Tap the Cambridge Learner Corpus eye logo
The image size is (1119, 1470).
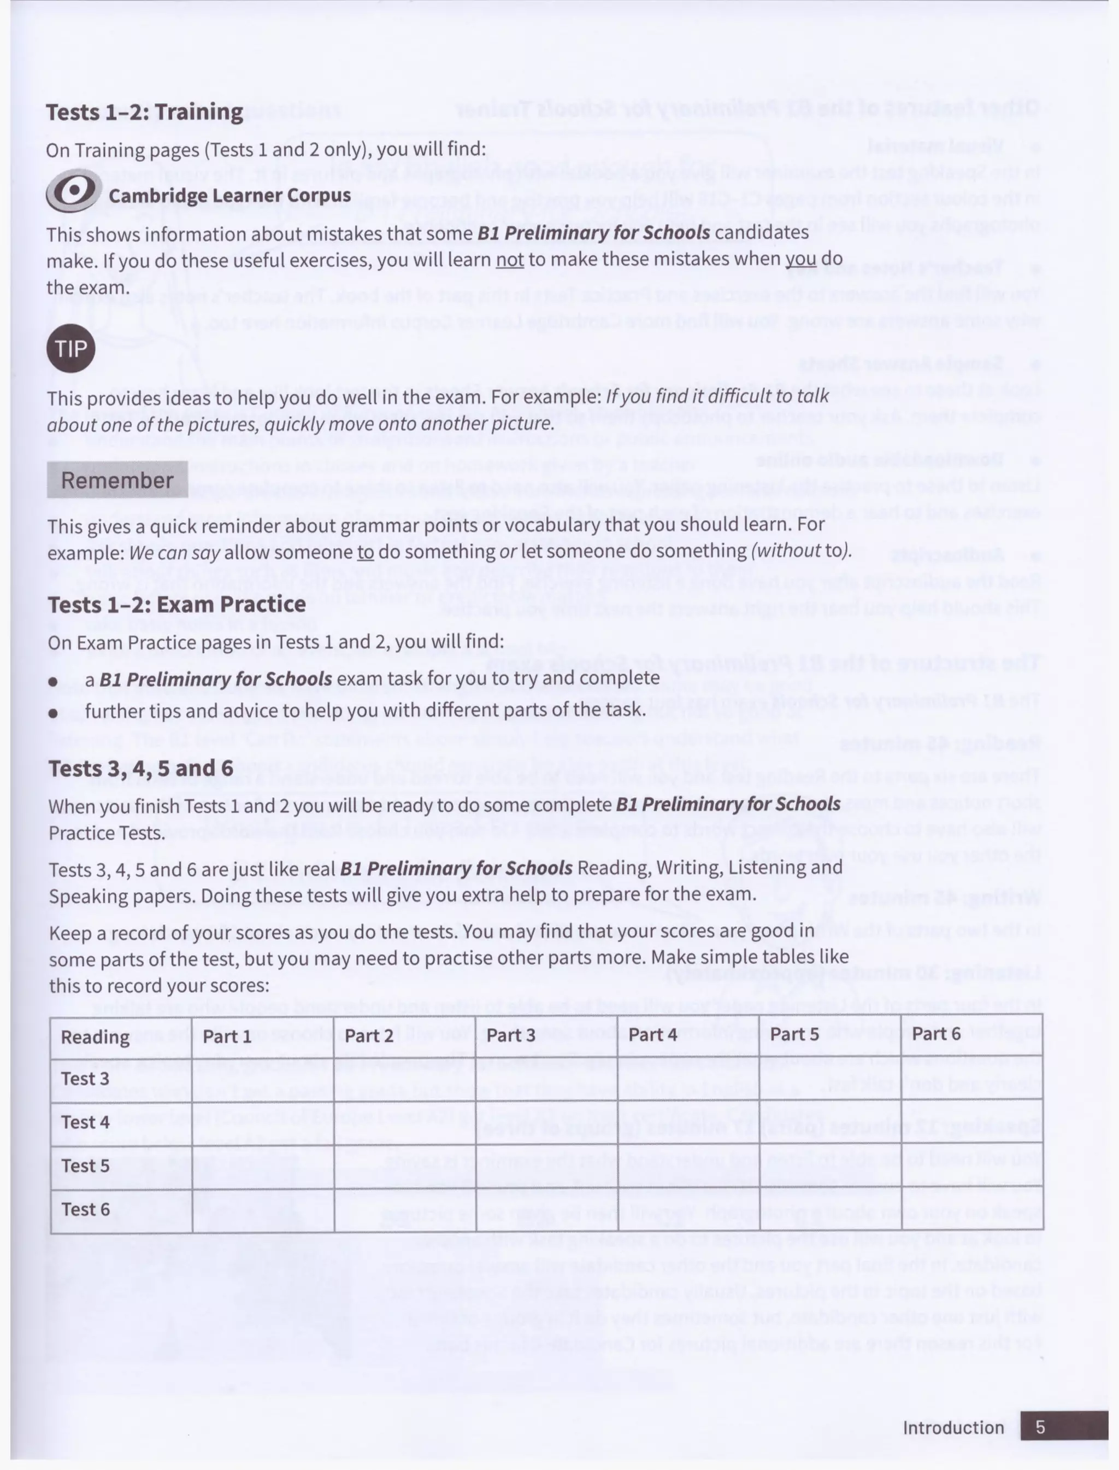tap(73, 191)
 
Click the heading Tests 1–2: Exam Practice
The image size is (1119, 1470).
tap(176, 605)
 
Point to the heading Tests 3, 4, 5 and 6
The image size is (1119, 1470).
tap(140, 768)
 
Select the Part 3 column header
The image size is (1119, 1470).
tap(510, 1035)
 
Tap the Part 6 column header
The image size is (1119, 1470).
tap(937, 1034)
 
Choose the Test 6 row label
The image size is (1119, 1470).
tap(85, 1209)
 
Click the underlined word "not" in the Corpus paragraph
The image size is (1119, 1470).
tap(510, 260)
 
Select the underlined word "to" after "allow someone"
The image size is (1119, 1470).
tap(365, 552)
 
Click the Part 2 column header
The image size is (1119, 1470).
tap(369, 1035)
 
